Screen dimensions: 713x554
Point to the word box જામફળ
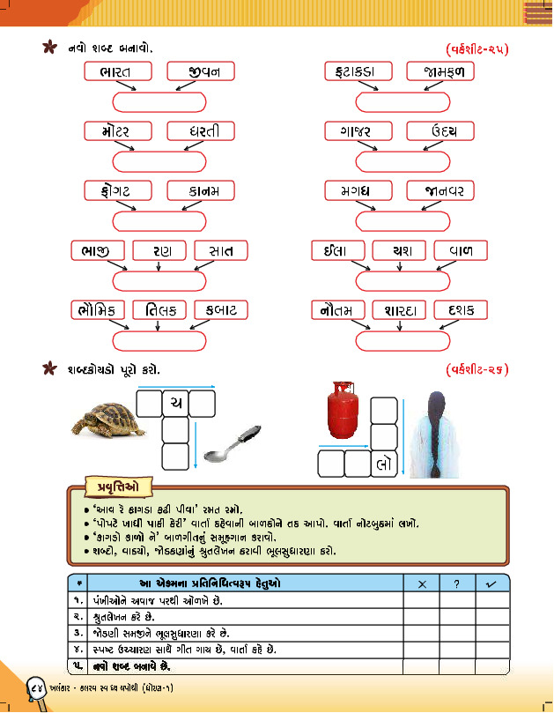(441, 71)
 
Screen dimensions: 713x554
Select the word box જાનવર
(441, 190)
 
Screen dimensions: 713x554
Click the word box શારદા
(400, 309)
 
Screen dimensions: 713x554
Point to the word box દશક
(462, 309)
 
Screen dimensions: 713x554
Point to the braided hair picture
(437, 435)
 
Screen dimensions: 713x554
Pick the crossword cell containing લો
(384, 463)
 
